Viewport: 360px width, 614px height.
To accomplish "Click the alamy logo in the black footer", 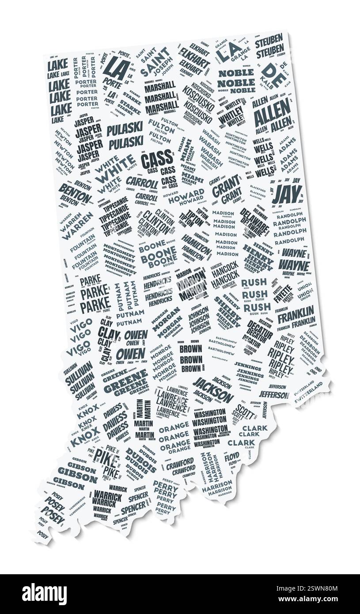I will coord(44,594).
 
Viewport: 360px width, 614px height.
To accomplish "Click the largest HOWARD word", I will coord(186,196).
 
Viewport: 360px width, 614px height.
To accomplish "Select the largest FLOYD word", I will coord(232,456).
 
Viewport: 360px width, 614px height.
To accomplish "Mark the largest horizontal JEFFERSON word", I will coord(273,394).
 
